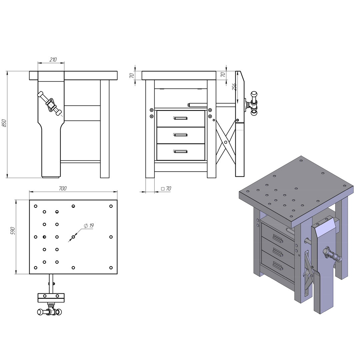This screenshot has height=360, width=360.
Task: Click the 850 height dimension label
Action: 4,123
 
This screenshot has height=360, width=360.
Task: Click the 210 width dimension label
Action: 53,60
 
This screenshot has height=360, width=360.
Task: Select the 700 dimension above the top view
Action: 63,188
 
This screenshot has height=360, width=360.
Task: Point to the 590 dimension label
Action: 13,231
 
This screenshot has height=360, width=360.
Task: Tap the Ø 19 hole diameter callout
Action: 89,226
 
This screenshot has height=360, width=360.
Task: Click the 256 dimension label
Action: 234,87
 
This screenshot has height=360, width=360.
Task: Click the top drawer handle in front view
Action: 180,118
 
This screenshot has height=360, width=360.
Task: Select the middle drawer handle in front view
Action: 180,135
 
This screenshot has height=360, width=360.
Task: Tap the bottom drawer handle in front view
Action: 180,151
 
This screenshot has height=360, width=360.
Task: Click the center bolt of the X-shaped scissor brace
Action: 226,142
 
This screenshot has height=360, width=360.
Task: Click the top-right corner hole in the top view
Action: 111,206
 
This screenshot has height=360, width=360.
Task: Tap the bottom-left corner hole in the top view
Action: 36,267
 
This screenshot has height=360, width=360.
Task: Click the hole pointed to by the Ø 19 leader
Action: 73,237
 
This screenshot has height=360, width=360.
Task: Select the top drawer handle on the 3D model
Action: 277,238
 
